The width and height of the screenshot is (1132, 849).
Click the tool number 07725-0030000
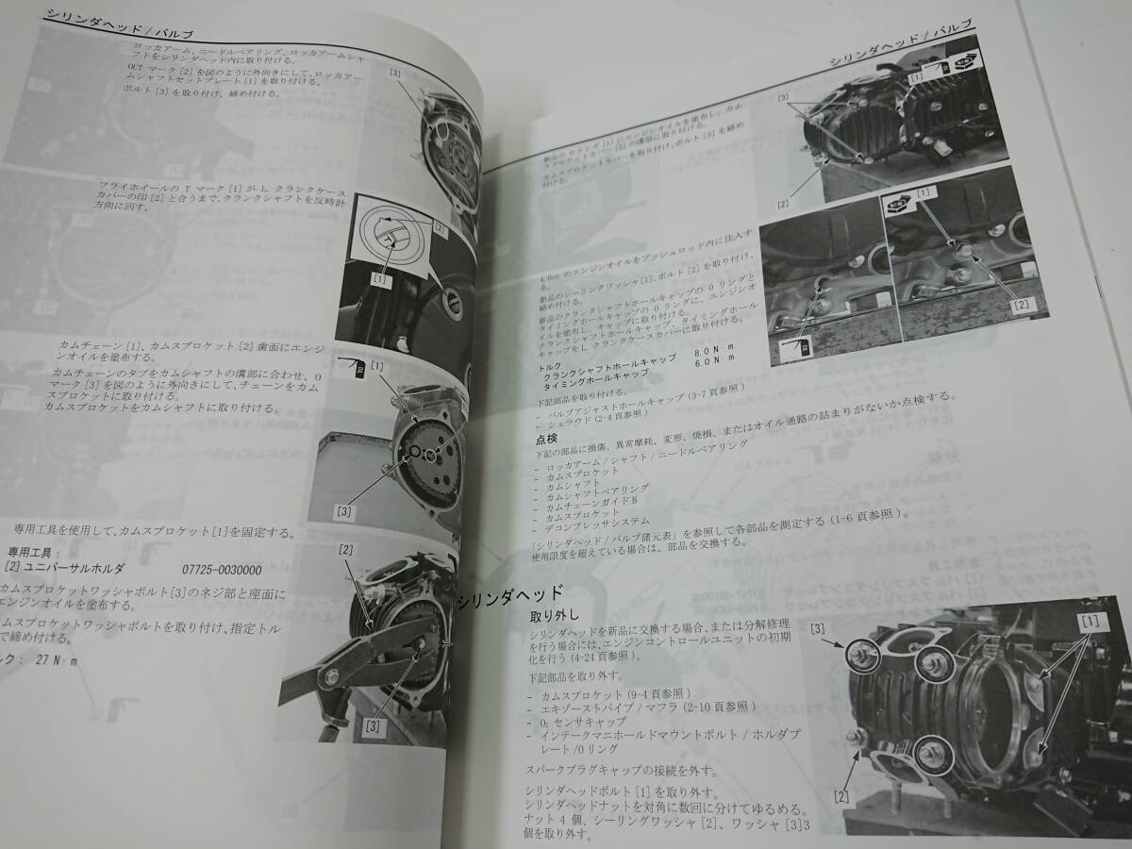coord(222,571)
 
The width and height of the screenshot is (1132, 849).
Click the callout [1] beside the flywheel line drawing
coord(381,280)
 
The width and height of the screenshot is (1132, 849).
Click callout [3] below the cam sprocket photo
coord(344,510)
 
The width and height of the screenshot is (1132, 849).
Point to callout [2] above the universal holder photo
coord(346,550)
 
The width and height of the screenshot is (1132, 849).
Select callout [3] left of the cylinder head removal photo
coord(818,627)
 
